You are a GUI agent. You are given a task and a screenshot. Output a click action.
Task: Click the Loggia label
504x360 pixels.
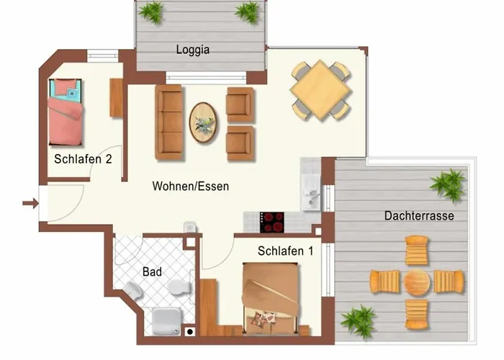pos(193,50)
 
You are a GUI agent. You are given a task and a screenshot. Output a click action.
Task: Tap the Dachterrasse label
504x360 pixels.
pos(419,215)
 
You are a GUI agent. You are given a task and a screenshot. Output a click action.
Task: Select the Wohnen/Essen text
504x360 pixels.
pos(191,186)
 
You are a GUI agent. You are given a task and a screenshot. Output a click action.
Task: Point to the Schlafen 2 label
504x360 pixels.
pos(83,159)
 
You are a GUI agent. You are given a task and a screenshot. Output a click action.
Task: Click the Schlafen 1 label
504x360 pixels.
pos(285,251)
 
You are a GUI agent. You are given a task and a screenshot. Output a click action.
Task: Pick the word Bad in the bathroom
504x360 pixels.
pos(152,272)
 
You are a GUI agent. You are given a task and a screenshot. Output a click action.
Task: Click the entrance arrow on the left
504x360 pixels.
pos(30,203)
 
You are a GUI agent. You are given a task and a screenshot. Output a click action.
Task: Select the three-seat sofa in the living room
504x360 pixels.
pos(169,122)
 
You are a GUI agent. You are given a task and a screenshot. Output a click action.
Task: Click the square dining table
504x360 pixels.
pos(320,91)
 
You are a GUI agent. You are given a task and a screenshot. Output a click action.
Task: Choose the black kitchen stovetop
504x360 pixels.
pos(272,222)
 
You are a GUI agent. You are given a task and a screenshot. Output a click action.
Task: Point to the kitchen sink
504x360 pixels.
pos(311,192)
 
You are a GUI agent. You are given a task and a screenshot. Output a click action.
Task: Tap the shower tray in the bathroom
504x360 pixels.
pos(167,321)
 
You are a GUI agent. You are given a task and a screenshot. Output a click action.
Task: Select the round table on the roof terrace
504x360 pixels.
pos(417,282)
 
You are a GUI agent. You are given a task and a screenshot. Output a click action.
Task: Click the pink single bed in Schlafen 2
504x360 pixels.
pos(66,112)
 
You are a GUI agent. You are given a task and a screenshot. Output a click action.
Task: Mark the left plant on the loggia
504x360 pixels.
pos(150,12)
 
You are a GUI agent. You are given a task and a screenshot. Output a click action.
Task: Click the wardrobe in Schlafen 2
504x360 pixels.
pos(117,97)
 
